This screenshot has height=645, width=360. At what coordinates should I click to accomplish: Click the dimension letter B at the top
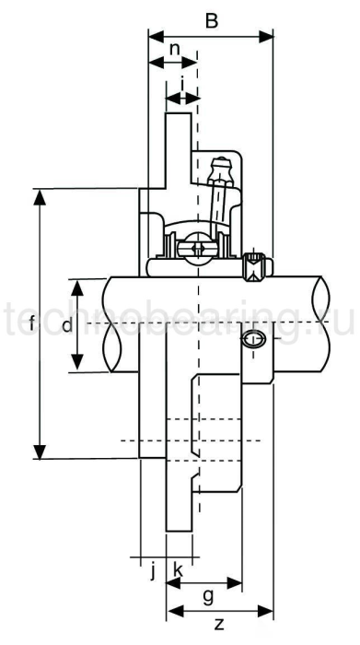(211, 21)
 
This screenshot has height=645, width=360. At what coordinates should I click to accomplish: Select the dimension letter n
(172, 49)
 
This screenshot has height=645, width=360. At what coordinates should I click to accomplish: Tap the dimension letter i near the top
(182, 83)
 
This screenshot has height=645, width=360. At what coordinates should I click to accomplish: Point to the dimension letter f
(32, 323)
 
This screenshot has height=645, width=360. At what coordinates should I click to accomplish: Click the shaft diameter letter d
(65, 325)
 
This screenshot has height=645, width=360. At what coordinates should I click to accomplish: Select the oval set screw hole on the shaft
(255, 340)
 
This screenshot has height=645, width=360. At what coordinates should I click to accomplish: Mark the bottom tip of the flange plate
(180, 529)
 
